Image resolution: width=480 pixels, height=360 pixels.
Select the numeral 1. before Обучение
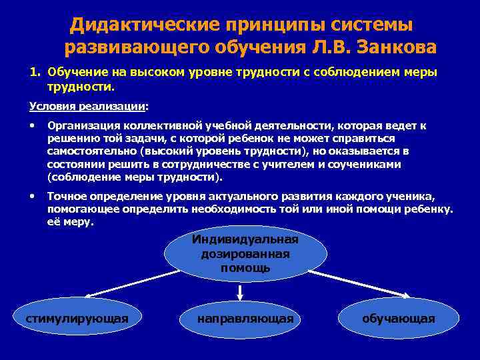[x=35, y=73]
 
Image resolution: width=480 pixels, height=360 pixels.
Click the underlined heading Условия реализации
[x=87, y=105]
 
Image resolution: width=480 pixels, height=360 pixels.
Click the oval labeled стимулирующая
[x=77, y=318]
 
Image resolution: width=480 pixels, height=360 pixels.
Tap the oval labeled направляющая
[x=245, y=318]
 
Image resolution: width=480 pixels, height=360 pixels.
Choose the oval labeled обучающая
[x=398, y=318]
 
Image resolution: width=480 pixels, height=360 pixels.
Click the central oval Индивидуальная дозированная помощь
[x=245, y=254]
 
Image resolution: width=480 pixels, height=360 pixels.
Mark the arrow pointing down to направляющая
[x=240, y=291]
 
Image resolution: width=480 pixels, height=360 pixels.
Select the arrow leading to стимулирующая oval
[x=127, y=285]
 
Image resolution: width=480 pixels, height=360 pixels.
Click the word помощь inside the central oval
[x=245, y=268]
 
